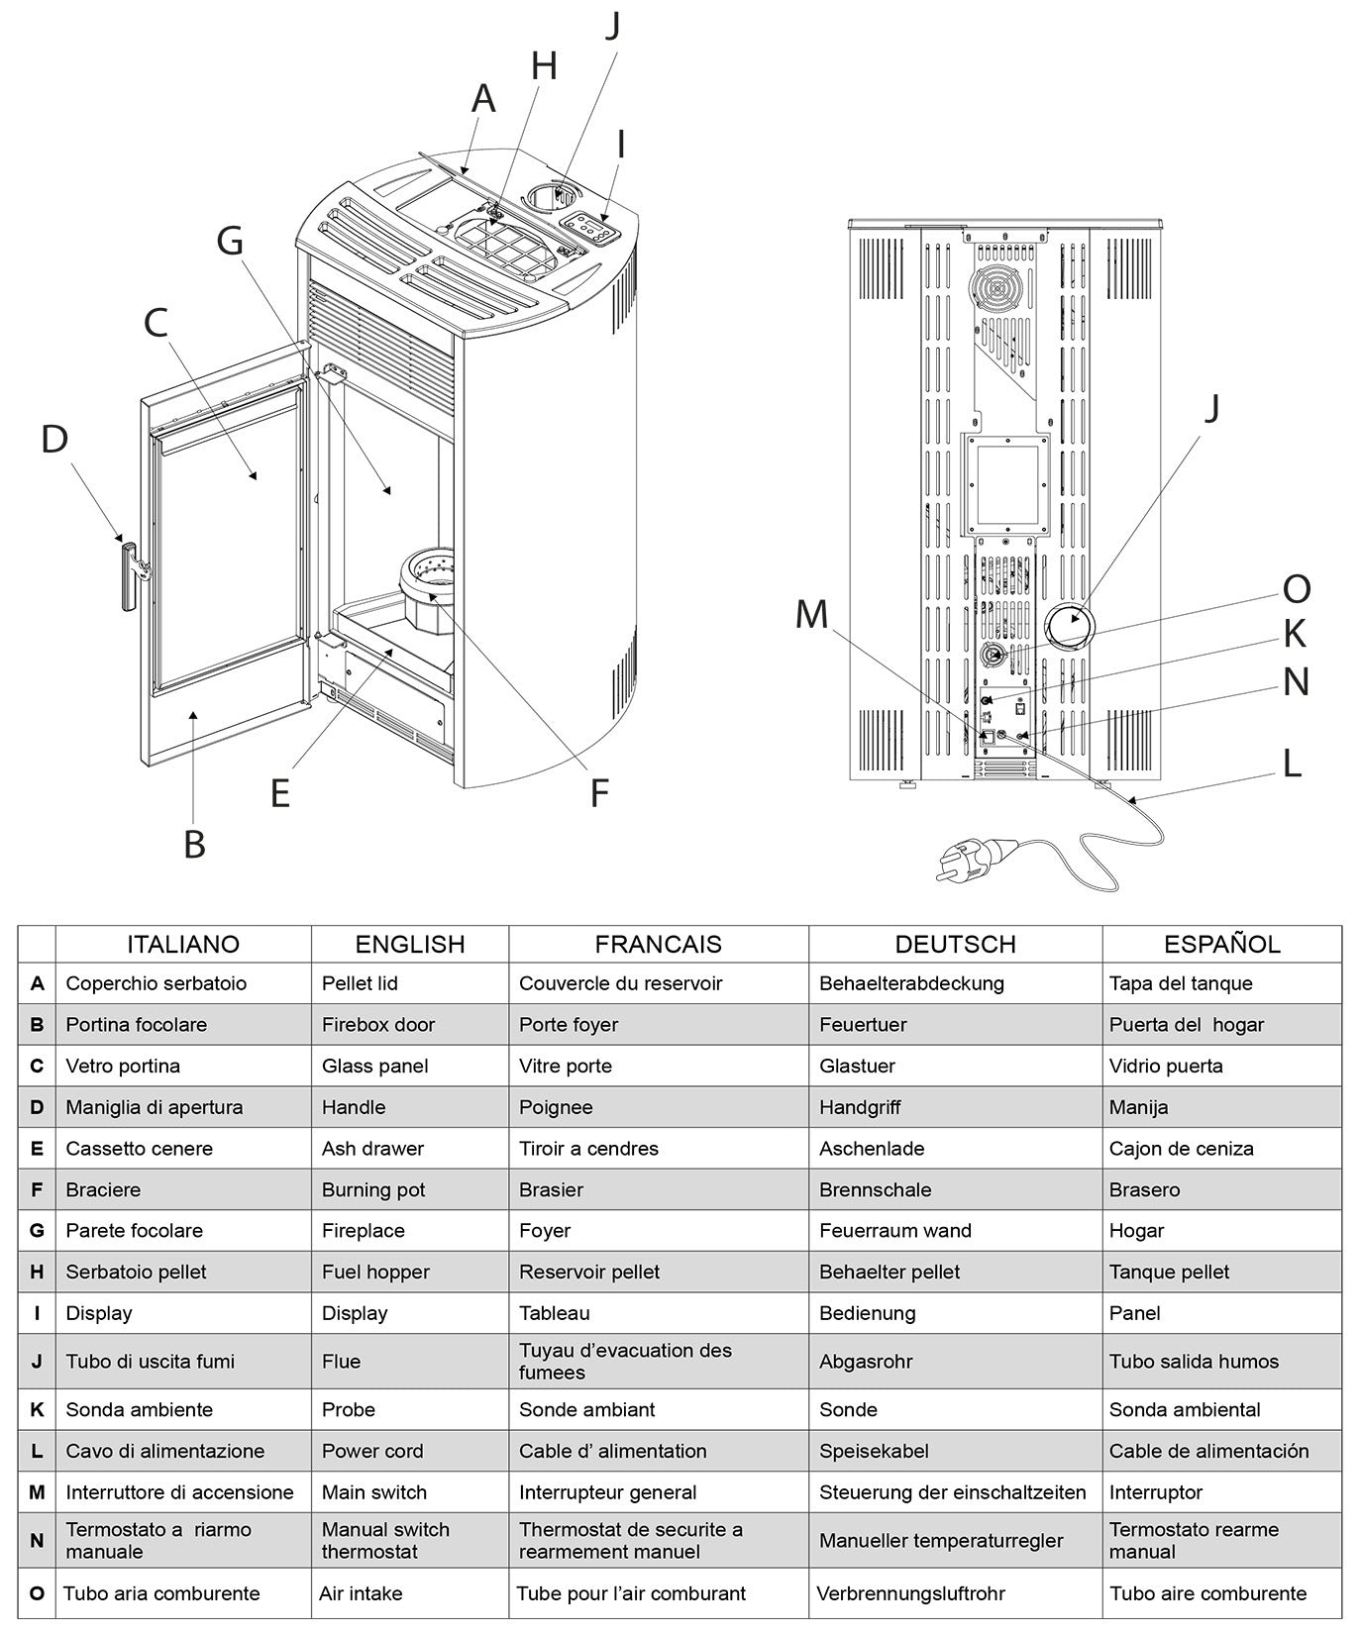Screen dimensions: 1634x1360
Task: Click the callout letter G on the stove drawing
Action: (x=230, y=241)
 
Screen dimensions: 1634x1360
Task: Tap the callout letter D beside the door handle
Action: (x=54, y=439)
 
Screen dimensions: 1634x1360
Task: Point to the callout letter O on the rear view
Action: (x=1297, y=589)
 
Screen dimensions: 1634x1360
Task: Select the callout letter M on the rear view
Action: (x=811, y=615)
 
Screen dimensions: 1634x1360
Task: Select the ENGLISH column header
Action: (x=410, y=944)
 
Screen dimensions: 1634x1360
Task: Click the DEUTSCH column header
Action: (x=955, y=944)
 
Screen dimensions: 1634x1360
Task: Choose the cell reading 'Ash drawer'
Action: (x=372, y=1149)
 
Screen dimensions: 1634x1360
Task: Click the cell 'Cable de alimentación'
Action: (x=1208, y=1451)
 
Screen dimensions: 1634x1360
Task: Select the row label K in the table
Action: (x=37, y=1409)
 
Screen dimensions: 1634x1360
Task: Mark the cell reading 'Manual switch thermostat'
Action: (x=385, y=1540)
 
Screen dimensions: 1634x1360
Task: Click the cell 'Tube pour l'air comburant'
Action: (x=631, y=1593)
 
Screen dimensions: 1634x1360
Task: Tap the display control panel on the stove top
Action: (x=591, y=229)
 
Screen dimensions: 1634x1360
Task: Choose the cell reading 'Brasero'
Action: (x=1144, y=1189)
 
